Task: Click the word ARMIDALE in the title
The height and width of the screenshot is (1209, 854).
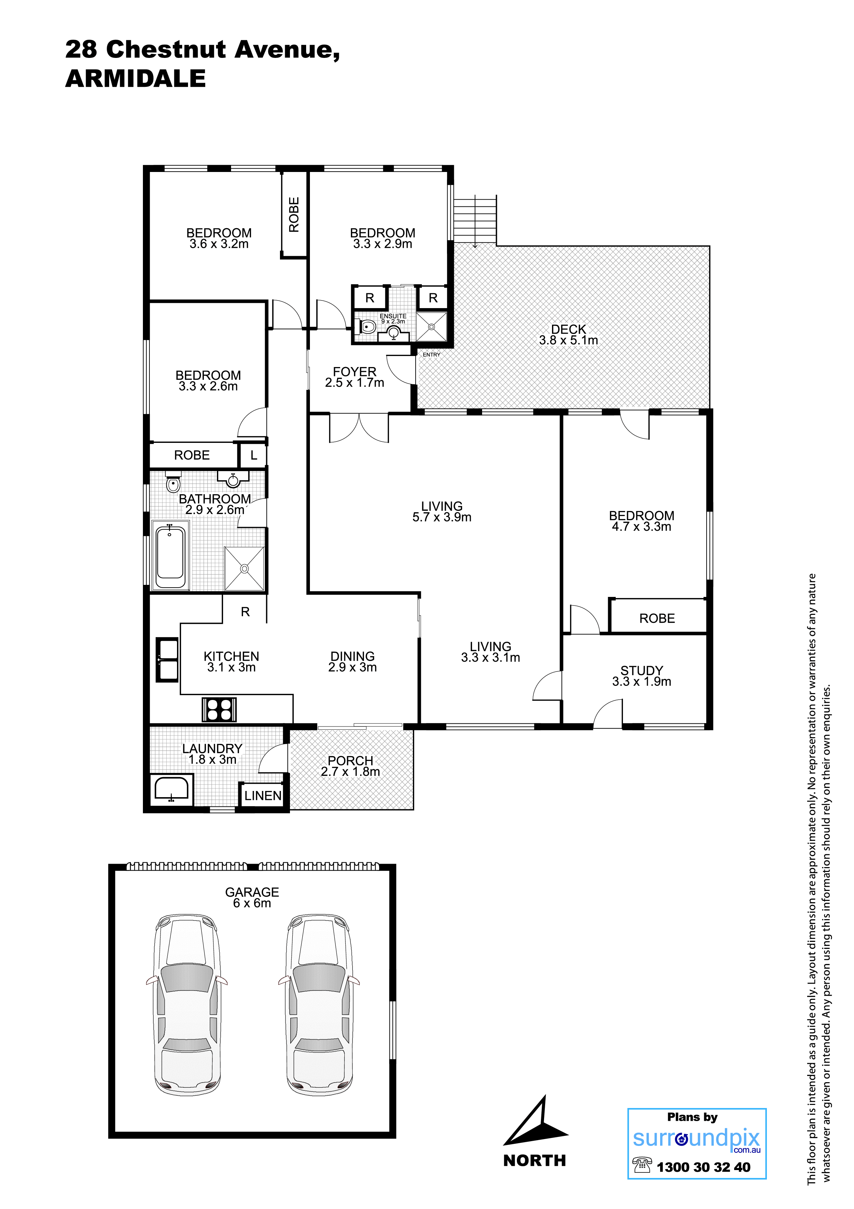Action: tap(135, 79)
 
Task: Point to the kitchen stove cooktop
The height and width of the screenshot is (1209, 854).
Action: tap(219, 709)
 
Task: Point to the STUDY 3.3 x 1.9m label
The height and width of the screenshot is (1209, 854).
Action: tap(642, 676)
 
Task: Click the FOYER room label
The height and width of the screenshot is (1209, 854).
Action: tap(355, 372)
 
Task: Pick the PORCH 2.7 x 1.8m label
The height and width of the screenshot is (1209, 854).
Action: tap(351, 766)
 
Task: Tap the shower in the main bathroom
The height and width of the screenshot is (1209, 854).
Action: tap(244, 569)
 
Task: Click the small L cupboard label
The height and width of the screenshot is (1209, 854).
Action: tap(254, 456)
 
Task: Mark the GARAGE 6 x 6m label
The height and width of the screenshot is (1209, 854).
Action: tap(252, 897)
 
